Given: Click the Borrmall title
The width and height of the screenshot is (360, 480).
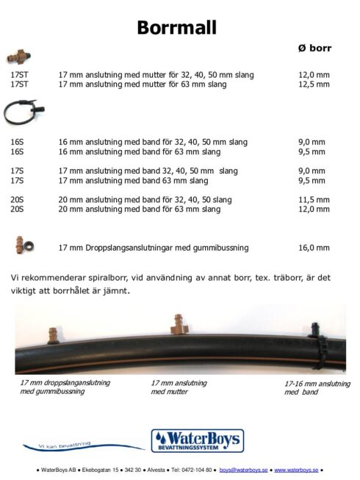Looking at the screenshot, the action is click(x=176, y=28).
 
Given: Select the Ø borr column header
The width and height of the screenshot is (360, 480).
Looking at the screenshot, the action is click(x=314, y=49).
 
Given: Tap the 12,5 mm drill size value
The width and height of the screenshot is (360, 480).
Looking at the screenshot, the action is click(x=314, y=85).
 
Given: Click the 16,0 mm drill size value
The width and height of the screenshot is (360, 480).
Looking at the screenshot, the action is click(x=314, y=248).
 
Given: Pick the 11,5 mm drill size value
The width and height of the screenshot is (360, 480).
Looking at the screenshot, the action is click(x=314, y=200).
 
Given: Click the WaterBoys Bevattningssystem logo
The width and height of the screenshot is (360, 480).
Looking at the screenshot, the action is click(x=197, y=440).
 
